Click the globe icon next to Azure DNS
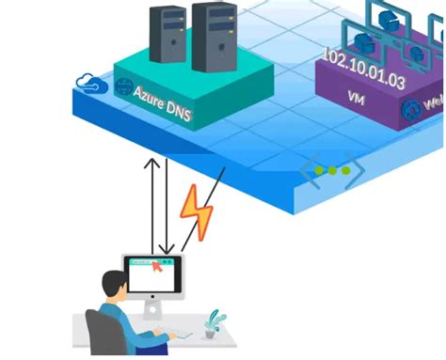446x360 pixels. coord(123,87)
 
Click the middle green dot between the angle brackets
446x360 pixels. coord(332,171)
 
